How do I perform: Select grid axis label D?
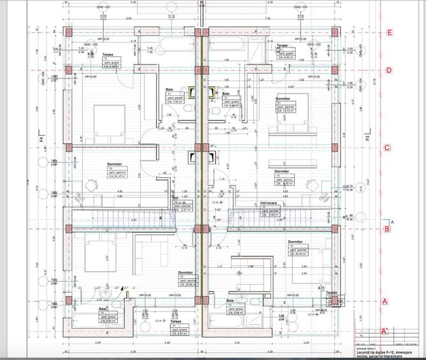[388, 70]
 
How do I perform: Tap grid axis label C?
[387, 148]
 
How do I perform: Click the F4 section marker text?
[40, 136]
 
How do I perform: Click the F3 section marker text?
[368, 137]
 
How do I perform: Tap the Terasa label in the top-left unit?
[108, 55]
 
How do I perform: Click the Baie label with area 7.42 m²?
[170, 90]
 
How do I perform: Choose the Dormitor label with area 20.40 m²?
[295, 242]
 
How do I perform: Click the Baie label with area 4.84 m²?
[102, 309]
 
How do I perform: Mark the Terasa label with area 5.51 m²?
[175, 322]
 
